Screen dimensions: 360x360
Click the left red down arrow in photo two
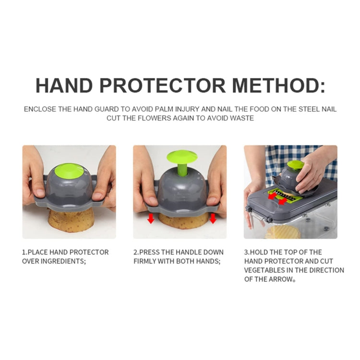click(x=151, y=219)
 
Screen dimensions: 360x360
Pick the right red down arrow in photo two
click(x=213, y=219)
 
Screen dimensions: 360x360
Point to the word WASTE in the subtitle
click(x=242, y=118)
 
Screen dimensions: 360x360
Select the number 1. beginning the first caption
click(x=24, y=252)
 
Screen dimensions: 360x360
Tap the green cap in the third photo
click(x=296, y=164)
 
